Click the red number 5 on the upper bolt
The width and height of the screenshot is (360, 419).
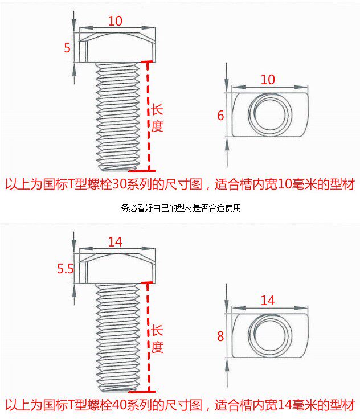(x=67, y=48)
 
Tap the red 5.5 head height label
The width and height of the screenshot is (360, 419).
(x=66, y=269)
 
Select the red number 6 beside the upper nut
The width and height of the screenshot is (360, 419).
(x=220, y=116)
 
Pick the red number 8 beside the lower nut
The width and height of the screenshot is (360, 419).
(x=220, y=336)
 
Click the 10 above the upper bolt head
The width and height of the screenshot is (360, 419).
(x=115, y=21)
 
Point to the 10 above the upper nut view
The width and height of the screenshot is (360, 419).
(x=268, y=80)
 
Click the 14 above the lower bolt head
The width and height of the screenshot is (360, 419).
(x=115, y=242)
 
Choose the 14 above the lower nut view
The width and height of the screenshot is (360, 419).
(x=268, y=300)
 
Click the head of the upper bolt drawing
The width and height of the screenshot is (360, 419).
(x=116, y=48)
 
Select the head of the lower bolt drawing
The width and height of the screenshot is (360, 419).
(x=116, y=269)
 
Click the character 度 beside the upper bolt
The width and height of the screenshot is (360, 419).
(x=157, y=126)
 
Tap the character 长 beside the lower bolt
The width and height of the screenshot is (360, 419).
(x=157, y=331)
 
